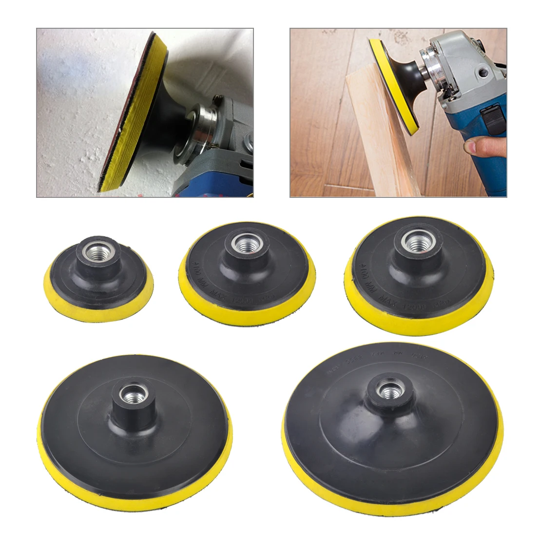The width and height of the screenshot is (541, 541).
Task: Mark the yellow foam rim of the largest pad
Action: pos(390,502)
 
